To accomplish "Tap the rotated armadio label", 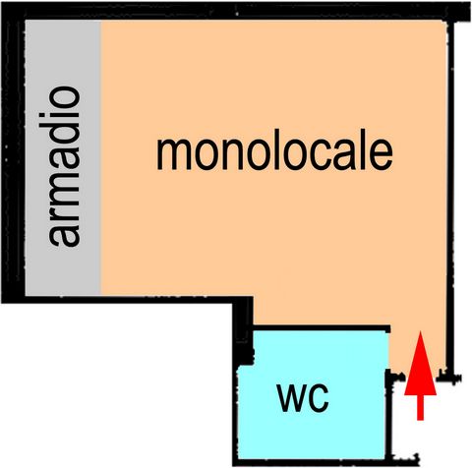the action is pos(64,166).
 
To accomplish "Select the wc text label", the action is pos(303,398).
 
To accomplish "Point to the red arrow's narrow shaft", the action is pos(420,407).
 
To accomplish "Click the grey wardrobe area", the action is pos(63,157).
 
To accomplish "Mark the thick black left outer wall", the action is pos(13,154).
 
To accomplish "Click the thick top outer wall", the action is pos(236,11).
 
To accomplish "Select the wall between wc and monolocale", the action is pos(322,328).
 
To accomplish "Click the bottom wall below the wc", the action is pos(312,462).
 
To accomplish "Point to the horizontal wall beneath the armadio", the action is pos(128,299).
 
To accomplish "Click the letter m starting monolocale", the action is pos(174,153).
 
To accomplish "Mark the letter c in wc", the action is pos(318,398).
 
